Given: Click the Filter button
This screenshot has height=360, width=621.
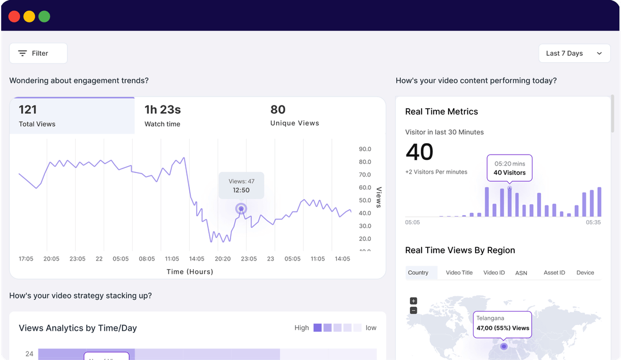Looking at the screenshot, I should coord(38,53).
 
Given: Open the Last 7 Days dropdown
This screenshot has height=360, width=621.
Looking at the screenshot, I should coord(574,53).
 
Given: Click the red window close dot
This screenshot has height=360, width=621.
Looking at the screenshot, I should coord(14,16).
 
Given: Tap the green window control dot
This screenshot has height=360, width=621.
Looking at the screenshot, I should coord(44,16).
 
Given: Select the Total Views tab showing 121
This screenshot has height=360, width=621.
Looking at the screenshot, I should coord(72,116).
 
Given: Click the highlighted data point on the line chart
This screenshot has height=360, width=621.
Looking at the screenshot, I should coord(241,209).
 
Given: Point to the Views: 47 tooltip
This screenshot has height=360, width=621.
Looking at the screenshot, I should coord(241,185).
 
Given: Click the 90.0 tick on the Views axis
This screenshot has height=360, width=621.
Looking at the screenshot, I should coord(365,149).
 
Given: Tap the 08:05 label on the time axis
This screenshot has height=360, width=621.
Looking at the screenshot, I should coord(147,259).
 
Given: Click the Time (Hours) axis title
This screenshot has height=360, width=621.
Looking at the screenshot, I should coord(190,271).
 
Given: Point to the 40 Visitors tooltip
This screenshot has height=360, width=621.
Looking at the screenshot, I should coord(509,168).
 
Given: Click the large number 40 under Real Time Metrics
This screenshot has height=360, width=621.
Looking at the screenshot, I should coord(420,152).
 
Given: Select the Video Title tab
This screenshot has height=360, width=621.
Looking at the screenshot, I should coord(459,273).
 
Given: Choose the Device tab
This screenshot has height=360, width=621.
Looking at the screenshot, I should coord(585,273).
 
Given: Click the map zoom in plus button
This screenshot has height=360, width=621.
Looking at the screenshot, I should coord(413,301).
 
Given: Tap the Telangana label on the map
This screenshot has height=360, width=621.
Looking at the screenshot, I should coord(489,318).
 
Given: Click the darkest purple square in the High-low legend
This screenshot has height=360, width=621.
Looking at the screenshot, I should coord(317,328).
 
